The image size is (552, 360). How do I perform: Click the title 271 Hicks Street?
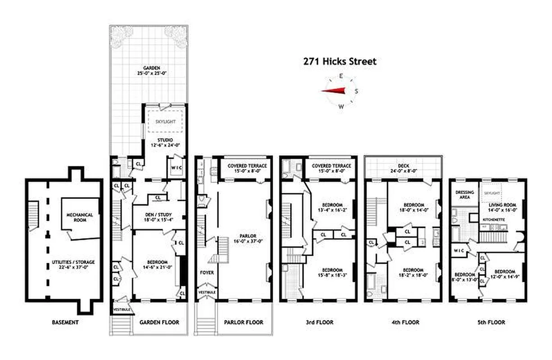(340, 62)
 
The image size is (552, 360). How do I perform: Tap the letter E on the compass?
(341, 76)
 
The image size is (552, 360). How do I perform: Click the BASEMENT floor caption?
(65, 322)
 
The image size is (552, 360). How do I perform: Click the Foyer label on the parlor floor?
(207, 273)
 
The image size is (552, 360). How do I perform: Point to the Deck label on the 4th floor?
(403, 165)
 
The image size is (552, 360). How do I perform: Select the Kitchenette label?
(495, 219)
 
